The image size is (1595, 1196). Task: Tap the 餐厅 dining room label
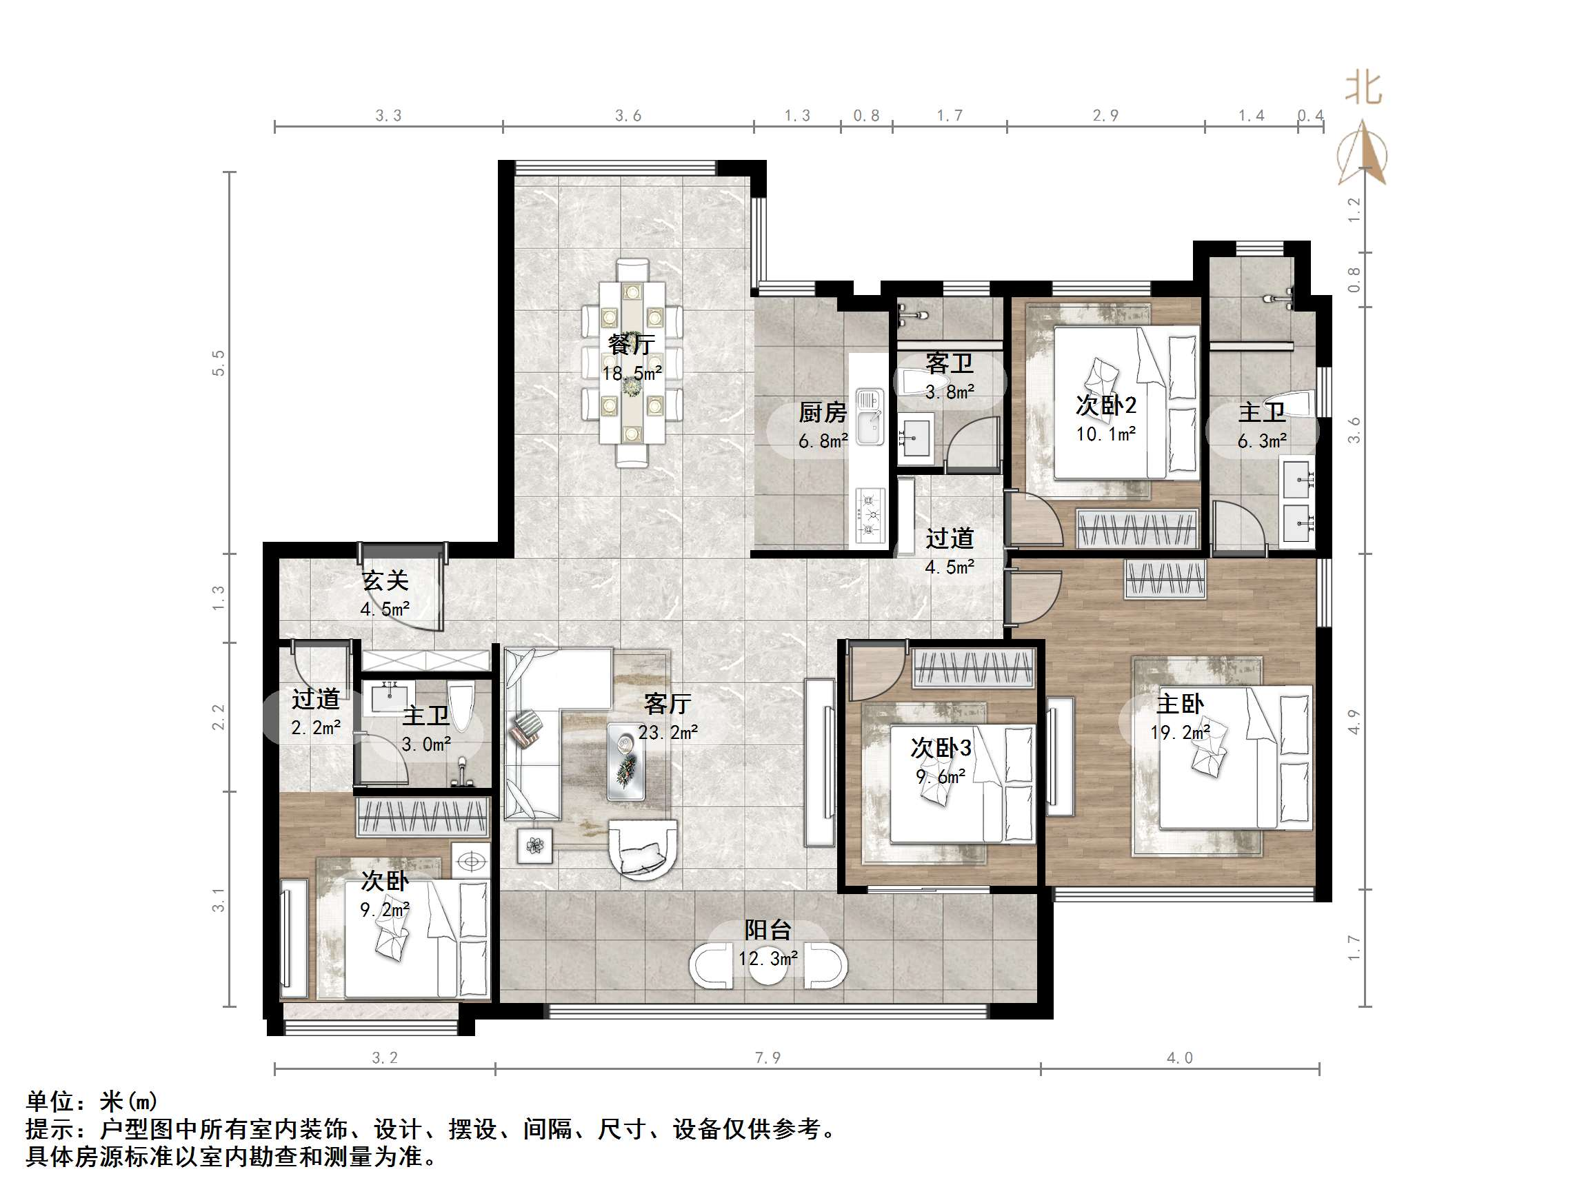(630, 345)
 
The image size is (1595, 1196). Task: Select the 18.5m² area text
(632, 374)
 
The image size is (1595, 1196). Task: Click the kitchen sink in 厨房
(870, 418)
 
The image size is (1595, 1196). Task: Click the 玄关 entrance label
(385, 580)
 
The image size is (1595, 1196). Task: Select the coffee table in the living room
(625, 762)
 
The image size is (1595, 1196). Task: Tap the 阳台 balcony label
(768, 930)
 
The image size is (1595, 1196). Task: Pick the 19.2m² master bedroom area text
(1180, 733)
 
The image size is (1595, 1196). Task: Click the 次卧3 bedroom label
(941, 748)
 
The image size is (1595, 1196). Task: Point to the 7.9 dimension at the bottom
(768, 1057)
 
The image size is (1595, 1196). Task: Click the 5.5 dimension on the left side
(219, 363)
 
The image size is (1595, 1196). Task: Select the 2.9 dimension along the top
(1105, 116)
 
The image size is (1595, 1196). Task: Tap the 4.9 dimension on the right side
(1354, 722)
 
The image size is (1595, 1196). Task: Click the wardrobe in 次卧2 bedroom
(1137, 529)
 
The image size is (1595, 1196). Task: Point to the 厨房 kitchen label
(822, 412)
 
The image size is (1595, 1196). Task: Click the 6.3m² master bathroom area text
(1262, 441)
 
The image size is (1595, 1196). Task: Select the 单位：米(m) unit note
(92, 1101)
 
